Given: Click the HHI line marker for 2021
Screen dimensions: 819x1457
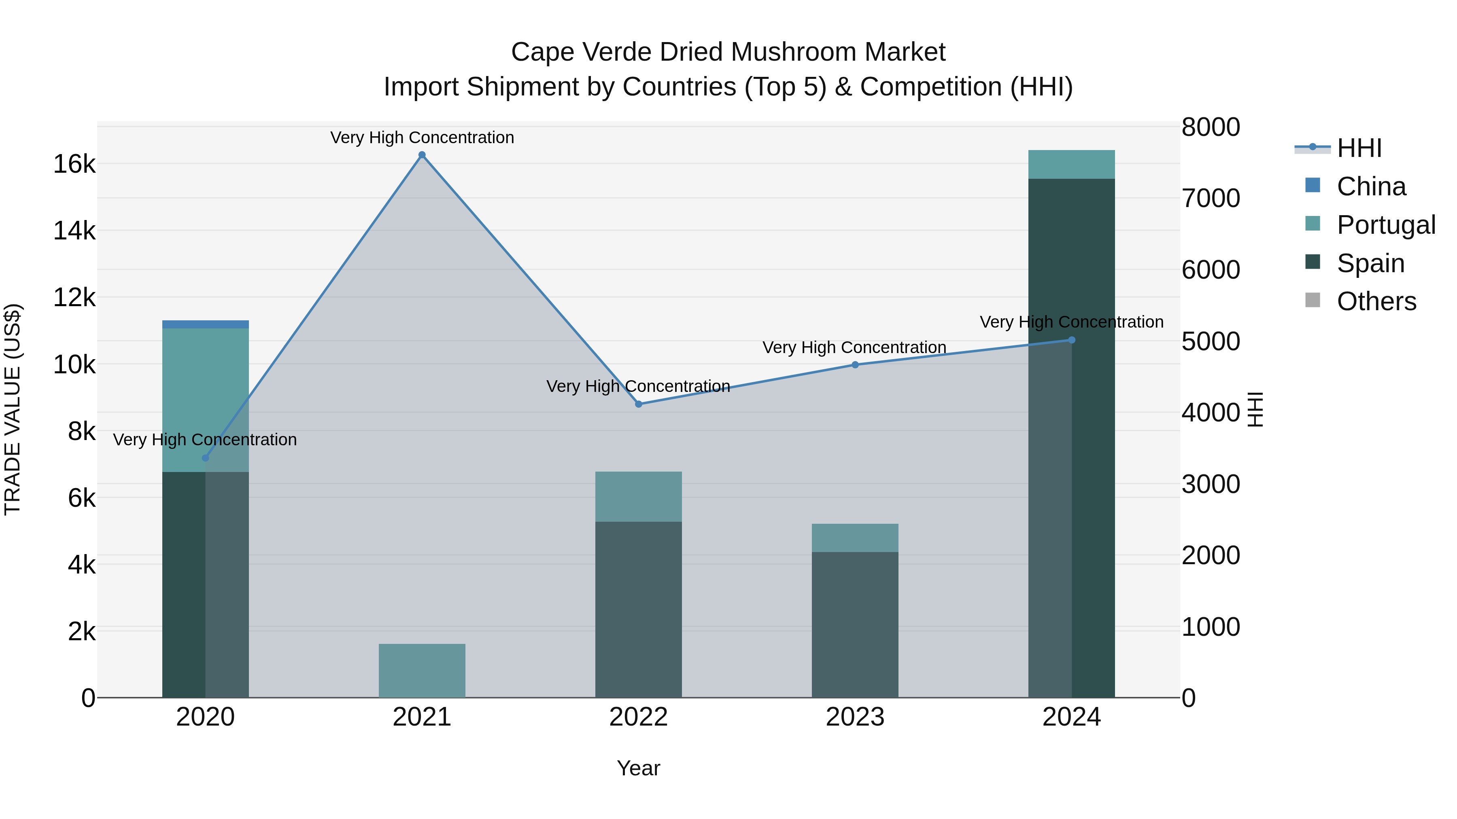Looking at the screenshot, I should point(422,155).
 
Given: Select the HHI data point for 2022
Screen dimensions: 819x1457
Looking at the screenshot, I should point(639,404).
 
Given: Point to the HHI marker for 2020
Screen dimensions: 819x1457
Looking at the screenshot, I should point(205,458).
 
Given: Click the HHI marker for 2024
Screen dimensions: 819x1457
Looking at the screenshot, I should point(1071,340).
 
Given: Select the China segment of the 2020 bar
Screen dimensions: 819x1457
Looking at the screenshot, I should point(205,324).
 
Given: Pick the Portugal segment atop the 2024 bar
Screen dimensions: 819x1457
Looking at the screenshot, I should point(1071,165).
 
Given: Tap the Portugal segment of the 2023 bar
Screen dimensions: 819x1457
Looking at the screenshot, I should point(855,538).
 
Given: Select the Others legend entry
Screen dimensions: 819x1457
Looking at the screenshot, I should point(1376,302).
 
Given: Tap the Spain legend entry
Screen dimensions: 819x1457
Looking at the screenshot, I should point(1370,263).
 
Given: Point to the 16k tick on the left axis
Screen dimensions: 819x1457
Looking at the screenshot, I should point(74,165).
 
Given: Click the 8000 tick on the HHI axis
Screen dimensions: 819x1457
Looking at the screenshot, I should point(1211,127).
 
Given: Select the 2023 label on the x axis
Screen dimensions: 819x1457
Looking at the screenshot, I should point(855,717).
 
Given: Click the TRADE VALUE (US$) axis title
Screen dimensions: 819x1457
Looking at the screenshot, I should point(13,409).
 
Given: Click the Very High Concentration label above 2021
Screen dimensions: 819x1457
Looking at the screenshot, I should point(422,138).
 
